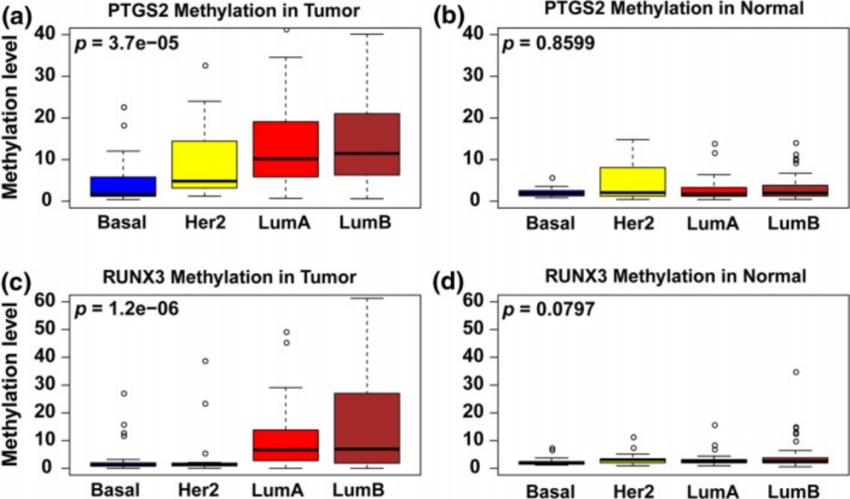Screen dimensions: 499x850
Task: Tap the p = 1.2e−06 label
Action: coord(127,309)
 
